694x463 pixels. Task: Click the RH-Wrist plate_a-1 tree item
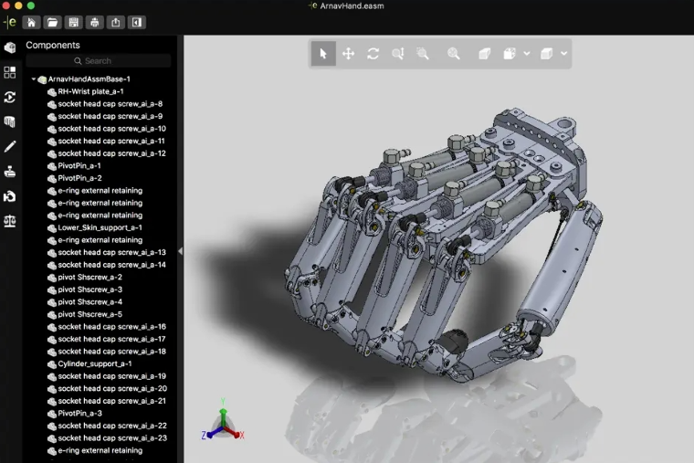coord(90,91)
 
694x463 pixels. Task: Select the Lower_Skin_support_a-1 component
coord(100,228)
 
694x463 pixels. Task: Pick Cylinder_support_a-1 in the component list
coord(94,363)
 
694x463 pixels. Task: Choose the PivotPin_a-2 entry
coord(79,178)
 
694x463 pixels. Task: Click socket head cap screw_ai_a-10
coord(111,129)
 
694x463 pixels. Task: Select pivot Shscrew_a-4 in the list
coord(89,302)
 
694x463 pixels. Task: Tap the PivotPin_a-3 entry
coord(79,414)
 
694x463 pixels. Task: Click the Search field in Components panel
coord(99,60)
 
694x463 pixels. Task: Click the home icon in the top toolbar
coord(31,22)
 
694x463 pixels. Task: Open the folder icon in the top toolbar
coord(52,22)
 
